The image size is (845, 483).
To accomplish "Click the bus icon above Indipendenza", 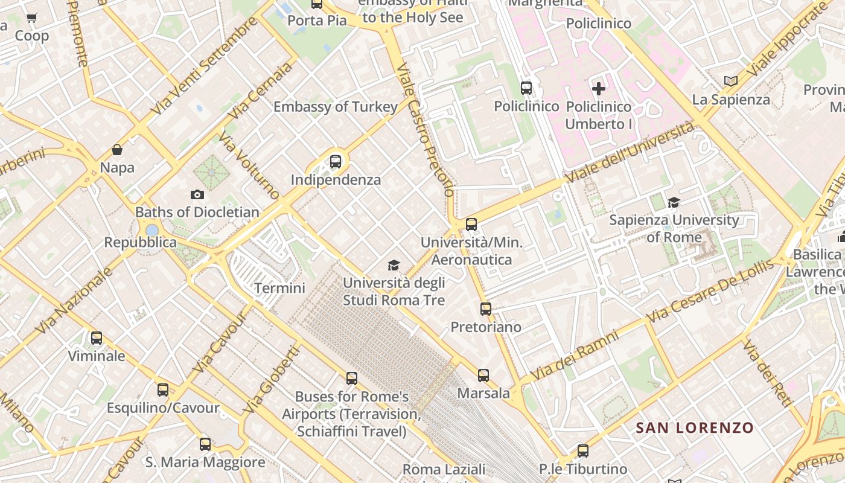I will click(336, 162).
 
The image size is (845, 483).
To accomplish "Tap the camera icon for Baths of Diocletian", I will click(197, 194).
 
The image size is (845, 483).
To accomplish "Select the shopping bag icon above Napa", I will click(117, 150).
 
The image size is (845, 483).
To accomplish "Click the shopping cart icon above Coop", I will click(32, 18).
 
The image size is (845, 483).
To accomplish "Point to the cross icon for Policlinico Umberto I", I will click(598, 89).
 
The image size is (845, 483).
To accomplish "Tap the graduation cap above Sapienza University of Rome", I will click(674, 202).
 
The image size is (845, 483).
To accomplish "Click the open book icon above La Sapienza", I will click(730, 81).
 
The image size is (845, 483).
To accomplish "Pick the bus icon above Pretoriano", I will click(486, 309).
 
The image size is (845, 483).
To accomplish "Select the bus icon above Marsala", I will click(483, 376).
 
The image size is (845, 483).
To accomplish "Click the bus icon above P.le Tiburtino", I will click(583, 451).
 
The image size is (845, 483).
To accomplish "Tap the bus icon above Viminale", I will click(97, 338).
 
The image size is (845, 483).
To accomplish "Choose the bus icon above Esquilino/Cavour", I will click(163, 390).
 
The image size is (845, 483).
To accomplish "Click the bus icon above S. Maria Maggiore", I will click(205, 444).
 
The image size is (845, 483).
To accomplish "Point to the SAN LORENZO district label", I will click(695, 428).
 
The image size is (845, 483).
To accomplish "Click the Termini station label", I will click(279, 288).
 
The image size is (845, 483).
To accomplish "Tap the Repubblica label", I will click(141, 243).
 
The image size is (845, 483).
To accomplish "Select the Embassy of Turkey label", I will click(336, 107).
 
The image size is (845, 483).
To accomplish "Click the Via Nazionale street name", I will click(74, 300).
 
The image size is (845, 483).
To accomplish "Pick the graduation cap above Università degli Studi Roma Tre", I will click(394, 265).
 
